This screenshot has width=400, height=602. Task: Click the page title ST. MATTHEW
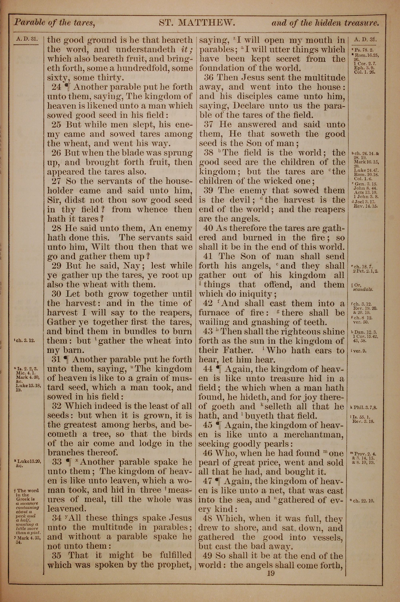click(196, 23)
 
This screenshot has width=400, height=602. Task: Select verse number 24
click(56, 87)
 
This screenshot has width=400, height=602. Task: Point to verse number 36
click(208, 78)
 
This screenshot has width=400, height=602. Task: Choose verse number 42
click(208, 303)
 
